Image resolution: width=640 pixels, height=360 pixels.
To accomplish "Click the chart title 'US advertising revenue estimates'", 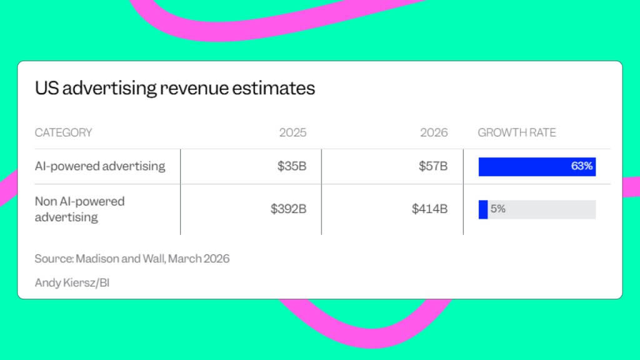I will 175,89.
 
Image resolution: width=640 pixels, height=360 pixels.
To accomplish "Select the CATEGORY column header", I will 63,132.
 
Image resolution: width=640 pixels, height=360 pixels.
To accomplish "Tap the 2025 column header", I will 292,132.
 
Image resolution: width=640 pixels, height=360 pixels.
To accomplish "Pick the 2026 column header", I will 434,132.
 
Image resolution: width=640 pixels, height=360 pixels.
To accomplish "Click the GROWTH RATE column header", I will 517,132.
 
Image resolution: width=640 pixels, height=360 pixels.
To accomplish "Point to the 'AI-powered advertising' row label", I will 100,166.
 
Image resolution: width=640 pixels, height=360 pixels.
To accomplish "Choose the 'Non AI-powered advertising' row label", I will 79,209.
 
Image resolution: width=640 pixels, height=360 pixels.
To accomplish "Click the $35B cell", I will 292,166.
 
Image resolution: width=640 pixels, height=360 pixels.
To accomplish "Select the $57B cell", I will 433,166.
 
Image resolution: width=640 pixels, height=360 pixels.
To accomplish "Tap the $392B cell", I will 288,209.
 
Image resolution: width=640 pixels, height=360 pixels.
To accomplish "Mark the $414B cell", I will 429,209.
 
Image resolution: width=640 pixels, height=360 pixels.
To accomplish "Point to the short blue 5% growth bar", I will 483,209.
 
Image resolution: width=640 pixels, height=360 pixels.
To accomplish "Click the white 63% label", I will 581,166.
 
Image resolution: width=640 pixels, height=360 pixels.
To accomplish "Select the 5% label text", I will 497,209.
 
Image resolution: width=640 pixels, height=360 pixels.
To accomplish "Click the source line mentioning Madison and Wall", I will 132,259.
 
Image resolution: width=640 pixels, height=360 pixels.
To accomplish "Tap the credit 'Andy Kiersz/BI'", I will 72,282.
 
